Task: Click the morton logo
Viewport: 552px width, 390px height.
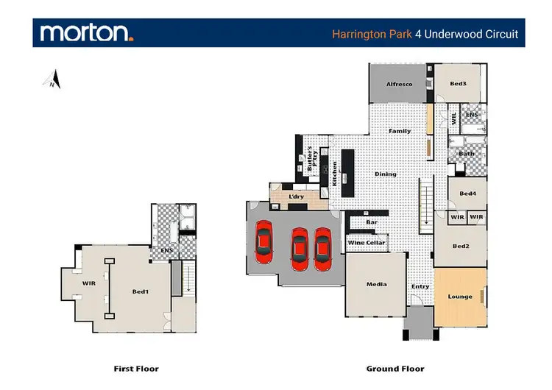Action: (87, 32)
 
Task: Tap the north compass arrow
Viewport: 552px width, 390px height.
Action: (54, 79)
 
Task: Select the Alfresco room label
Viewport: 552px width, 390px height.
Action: (399, 85)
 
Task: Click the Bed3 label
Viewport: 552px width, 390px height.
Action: (458, 84)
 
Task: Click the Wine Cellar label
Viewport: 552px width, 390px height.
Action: (366, 242)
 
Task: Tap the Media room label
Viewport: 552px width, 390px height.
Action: (376, 285)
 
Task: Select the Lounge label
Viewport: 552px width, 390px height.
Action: (460, 297)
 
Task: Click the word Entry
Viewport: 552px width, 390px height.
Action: (420, 287)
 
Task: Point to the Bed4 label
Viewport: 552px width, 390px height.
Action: (468, 194)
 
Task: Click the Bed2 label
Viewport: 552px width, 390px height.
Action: (461, 246)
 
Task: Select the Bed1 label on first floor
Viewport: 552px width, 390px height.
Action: (140, 292)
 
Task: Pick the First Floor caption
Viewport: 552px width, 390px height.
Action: (136, 369)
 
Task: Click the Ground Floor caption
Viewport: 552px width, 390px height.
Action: (395, 369)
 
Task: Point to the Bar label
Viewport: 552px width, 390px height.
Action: (372, 221)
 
